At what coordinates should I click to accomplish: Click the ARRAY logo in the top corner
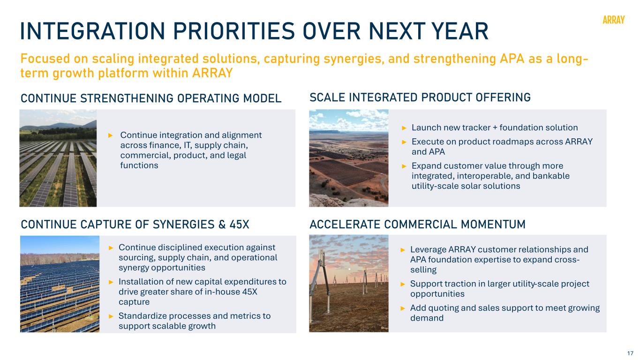(613, 20)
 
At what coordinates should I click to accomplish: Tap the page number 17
(630, 353)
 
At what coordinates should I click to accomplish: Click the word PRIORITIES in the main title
(233, 31)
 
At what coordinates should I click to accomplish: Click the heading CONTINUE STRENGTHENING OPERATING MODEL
(151, 98)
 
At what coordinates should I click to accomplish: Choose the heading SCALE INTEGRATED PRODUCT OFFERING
(420, 97)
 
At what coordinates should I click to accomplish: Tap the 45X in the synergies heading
(240, 224)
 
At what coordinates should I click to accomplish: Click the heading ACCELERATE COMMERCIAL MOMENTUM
(417, 224)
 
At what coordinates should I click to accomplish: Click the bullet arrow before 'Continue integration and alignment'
(111, 135)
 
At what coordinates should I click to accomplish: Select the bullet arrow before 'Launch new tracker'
(404, 127)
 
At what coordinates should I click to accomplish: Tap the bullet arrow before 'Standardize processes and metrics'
(111, 316)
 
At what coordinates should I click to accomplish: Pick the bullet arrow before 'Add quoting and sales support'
(403, 308)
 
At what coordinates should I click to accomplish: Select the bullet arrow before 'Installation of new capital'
(111, 282)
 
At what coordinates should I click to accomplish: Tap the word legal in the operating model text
(237, 156)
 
